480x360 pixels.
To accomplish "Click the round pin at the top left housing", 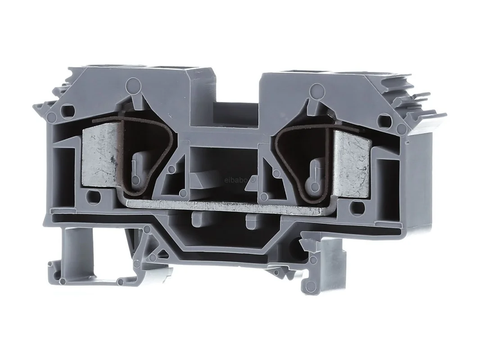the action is click(x=133, y=83).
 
